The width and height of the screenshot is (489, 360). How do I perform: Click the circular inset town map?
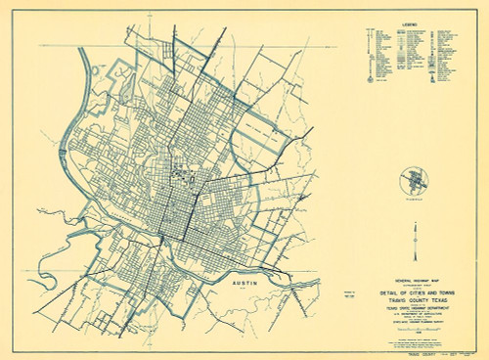tap(416, 182)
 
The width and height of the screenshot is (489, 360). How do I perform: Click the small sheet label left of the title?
tap(352, 292)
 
